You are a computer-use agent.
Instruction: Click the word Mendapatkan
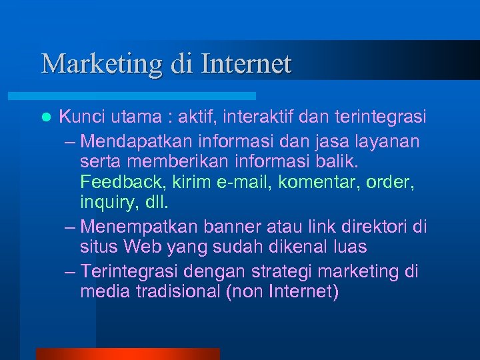tap(136, 142)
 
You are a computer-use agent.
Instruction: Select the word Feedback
tap(121, 181)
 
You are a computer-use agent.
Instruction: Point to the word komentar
tap(304, 181)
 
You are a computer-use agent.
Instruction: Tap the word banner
tap(228, 227)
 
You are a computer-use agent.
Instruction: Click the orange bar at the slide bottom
tap(127, 353)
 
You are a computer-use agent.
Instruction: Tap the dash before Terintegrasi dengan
tap(71, 272)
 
